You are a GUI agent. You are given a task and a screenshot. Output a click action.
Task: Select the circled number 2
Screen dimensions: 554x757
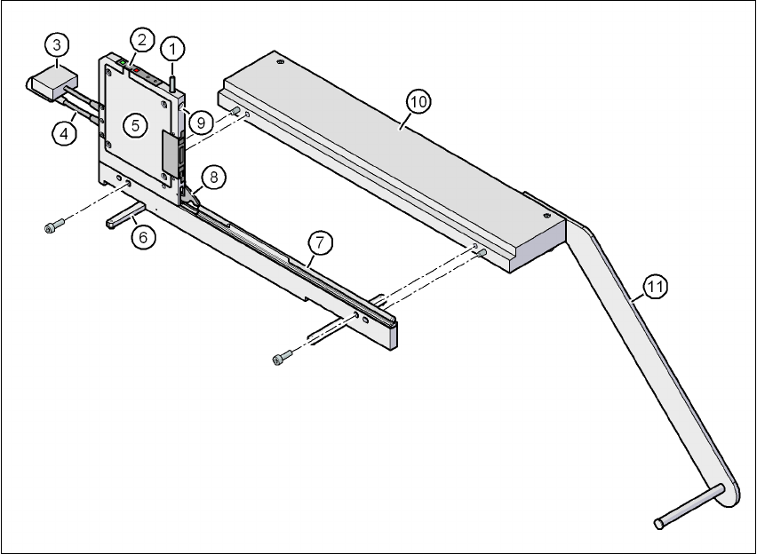click(140, 39)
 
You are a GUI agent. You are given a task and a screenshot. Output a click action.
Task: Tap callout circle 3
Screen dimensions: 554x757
click(56, 44)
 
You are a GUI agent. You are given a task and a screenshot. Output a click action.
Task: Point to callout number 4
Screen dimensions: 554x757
click(61, 132)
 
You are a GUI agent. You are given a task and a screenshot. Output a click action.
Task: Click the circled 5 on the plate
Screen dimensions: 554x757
click(135, 125)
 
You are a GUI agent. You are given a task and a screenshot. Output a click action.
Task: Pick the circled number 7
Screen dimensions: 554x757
click(319, 241)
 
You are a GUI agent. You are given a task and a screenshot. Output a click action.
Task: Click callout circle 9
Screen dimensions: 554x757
click(200, 123)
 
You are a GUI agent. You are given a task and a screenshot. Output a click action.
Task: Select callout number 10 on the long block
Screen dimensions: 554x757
click(418, 102)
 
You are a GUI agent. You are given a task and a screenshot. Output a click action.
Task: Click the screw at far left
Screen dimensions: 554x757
click(52, 227)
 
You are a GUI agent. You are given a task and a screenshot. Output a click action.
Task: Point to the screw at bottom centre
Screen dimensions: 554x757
click(282, 358)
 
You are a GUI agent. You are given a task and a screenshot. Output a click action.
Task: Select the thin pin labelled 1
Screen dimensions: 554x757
click(174, 74)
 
